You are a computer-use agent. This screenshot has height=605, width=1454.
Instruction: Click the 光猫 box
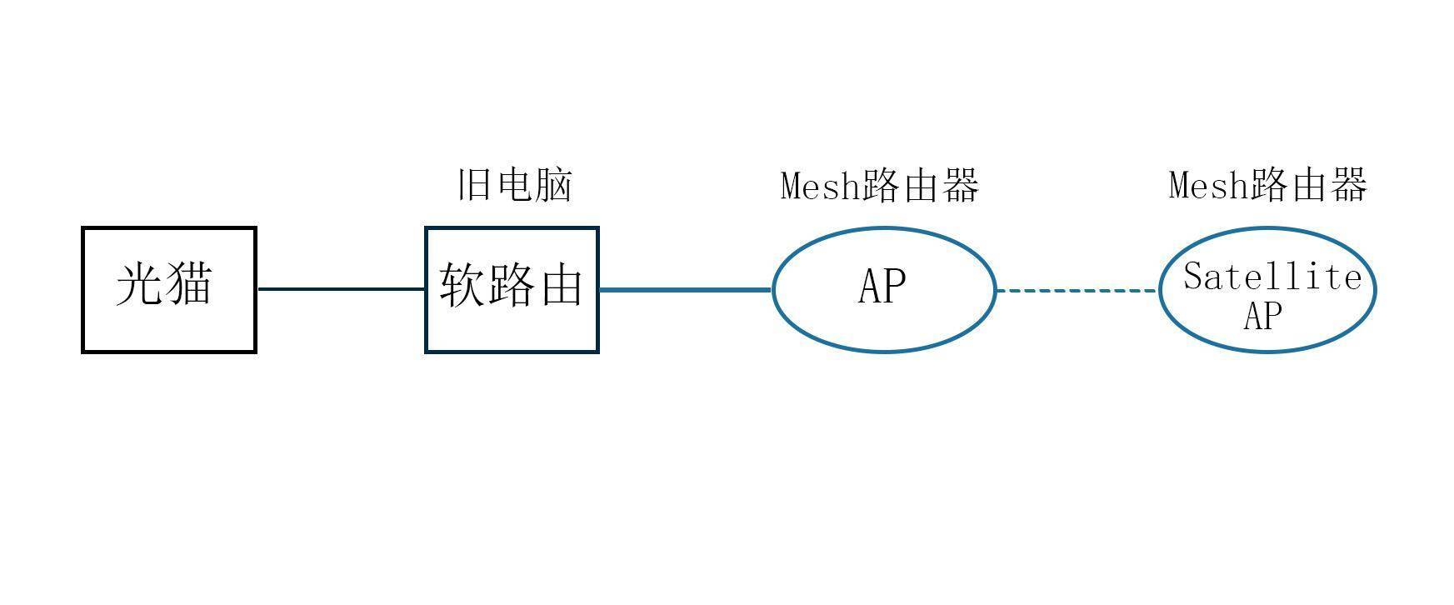[x=168, y=289]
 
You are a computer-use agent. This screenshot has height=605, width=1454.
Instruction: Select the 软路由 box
[x=512, y=289]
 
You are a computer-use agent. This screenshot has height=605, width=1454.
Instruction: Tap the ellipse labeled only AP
[x=883, y=289]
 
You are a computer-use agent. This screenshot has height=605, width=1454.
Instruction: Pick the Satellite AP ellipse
[x=1267, y=289]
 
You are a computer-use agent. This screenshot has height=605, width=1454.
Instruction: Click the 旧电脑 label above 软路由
[x=515, y=185]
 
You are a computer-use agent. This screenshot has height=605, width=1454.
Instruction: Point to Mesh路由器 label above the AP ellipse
[x=880, y=185]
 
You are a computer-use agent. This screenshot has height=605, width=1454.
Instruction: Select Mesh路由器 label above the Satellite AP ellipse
[x=1268, y=185]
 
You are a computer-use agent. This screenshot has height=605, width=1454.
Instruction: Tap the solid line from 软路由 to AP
[x=685, y=290]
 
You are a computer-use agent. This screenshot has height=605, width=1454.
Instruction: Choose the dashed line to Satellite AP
[x=1077, y=291]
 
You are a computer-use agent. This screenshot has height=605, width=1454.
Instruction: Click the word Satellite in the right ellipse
[x=1272, y=277]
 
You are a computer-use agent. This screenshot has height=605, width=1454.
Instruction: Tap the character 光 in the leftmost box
[x=139, y=284]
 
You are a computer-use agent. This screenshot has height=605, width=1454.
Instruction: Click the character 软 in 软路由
[x=462, y=286]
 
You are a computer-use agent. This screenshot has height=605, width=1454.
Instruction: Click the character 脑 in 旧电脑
[x=553, y=185]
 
